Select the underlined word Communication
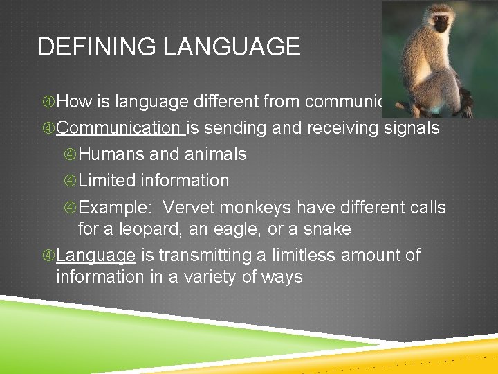(118, 128)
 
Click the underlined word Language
(95, 256)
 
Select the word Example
(112, 207)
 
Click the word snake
(326, 229)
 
